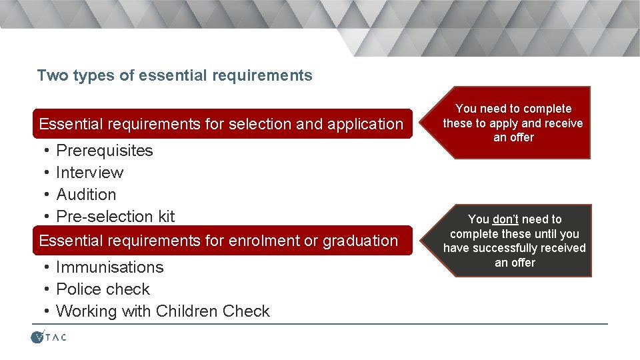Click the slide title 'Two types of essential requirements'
pyautogui.click(x=175, y=75)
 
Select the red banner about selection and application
pyautogui.click(x=221, y=124)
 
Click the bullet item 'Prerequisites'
pyautogui.click(x=105, y=151)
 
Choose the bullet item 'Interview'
pyautogui.click(x=90, y=173)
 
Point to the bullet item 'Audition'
pyautogui.click(x=86, y=195)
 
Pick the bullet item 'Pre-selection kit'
pyautogui.click(x=115, y=217)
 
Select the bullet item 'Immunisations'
pyautogui.click(x=110, y=267)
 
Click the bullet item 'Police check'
pyautogui.click(x=103, y=289)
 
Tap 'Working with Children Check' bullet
pyautogui.click(x=163, y=311)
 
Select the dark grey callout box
pyautogui.click(x=514, y=241)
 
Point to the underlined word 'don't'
pyautogui.click(x=505, y=219)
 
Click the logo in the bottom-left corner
pyautogui.click(x=49, y=337)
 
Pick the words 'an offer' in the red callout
pyautogui.click(x=513, y=137)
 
